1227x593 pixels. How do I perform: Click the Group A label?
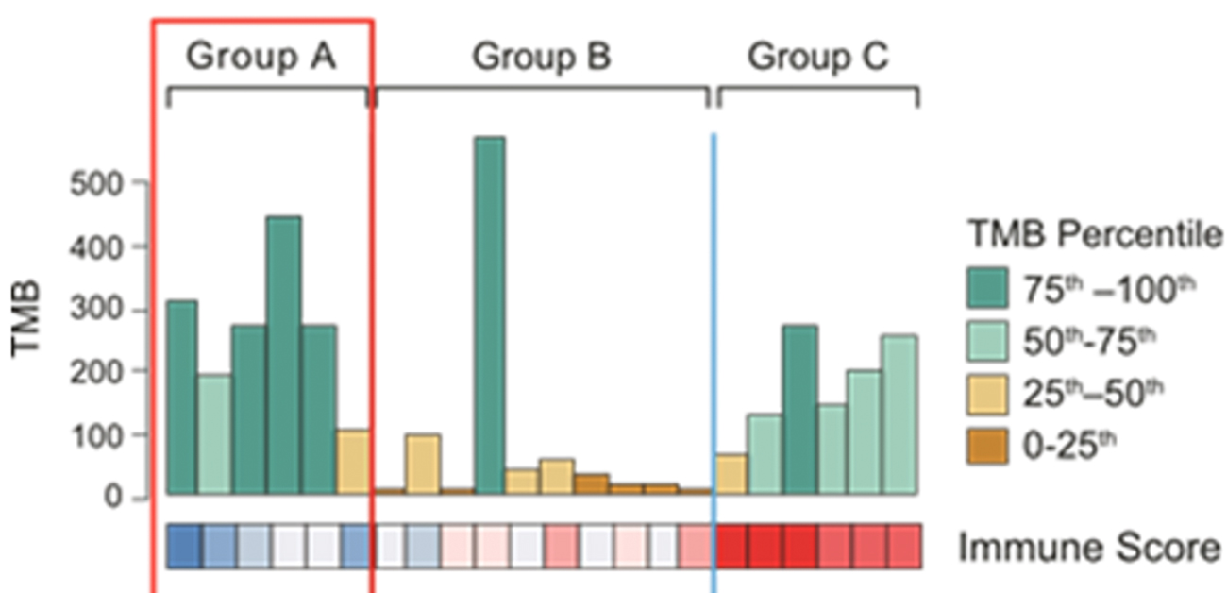tap(261, 59)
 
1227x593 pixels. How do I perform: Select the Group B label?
tap(542, 59)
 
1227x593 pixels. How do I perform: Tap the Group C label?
tap(817, 59)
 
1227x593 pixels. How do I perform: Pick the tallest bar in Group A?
tap(283, 355)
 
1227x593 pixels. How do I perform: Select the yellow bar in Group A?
tap(352, 462)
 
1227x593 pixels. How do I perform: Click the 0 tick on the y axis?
tap(132, 497)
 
